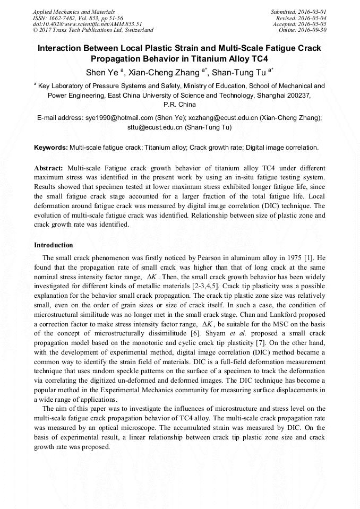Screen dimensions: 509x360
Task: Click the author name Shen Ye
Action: click(x=102, y=72)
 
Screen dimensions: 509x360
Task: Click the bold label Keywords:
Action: click(x=51, y=147)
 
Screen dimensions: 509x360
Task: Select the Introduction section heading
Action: click(x=53, y=245)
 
